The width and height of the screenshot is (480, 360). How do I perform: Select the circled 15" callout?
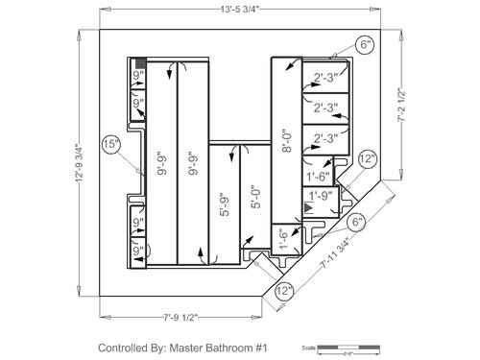[110, 144]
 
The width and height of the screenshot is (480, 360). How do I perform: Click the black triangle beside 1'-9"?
[307, 206]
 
